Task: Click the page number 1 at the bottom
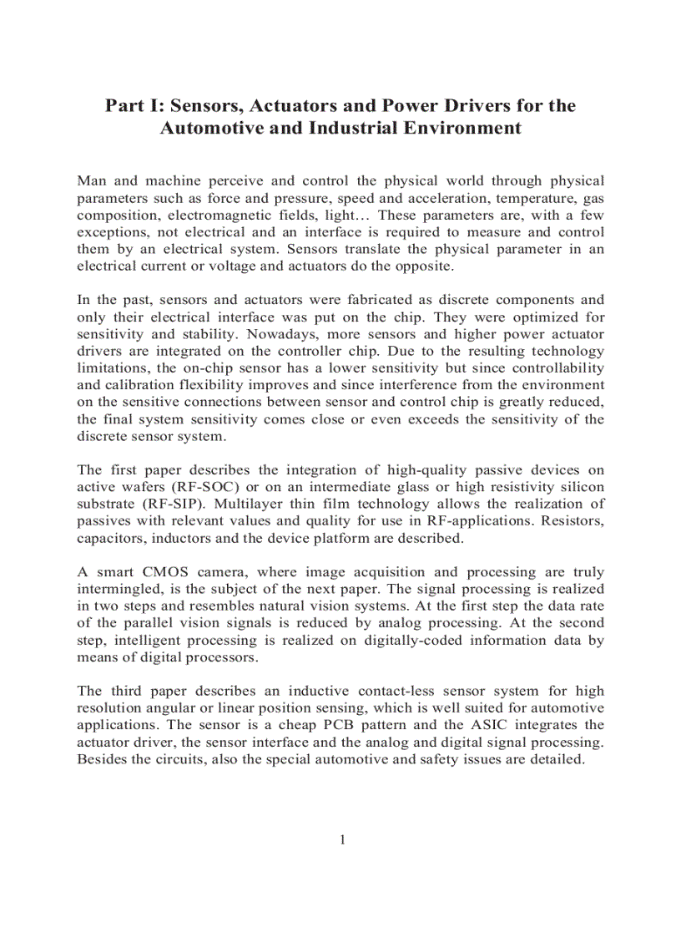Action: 342,839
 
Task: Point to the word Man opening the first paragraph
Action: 93,181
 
